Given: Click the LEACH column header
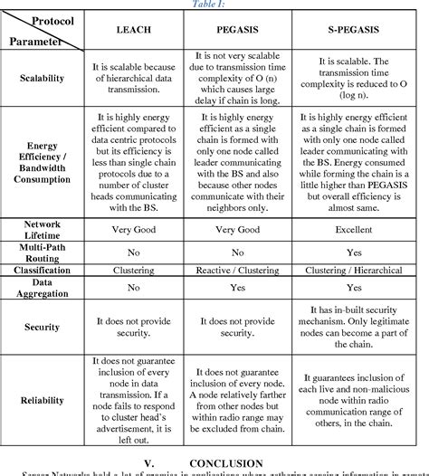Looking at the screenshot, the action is (133, 30).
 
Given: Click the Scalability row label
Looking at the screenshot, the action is (43, 78).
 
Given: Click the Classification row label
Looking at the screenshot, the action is (43, 271).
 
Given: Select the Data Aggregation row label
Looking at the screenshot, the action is (43, 289).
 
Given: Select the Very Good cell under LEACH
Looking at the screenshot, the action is (133, 231).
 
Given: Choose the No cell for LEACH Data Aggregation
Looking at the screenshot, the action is (133, 288).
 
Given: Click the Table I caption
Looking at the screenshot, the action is (214, 4).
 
